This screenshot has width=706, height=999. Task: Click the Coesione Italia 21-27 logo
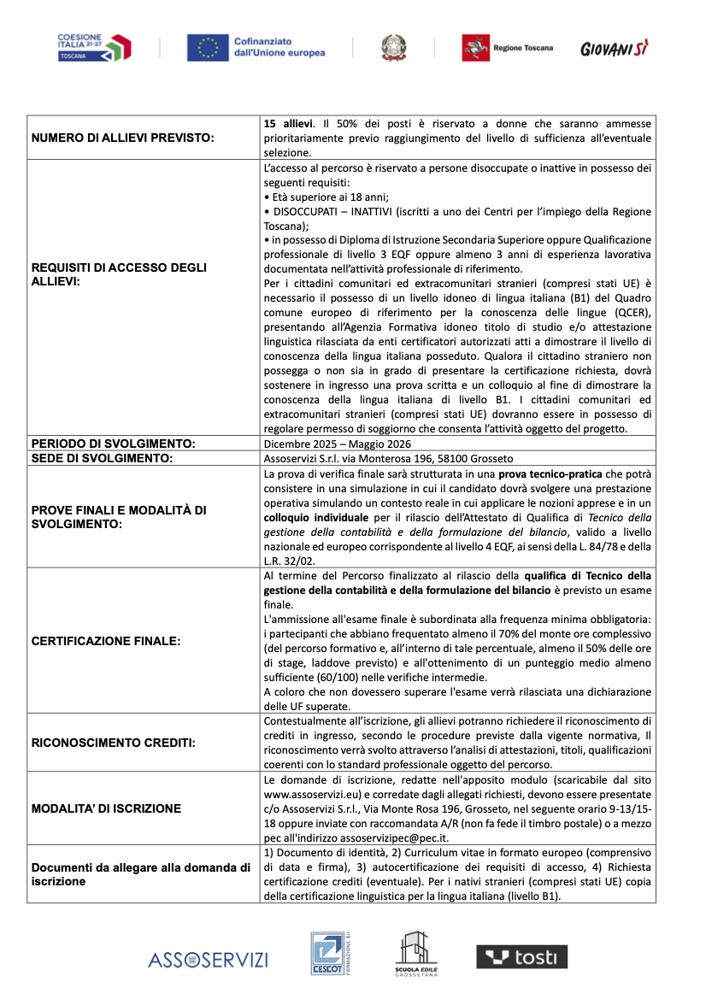(93, 47)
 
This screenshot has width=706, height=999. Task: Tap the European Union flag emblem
(207, 48)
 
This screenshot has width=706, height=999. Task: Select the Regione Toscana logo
(507, 48)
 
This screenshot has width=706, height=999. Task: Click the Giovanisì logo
(614, 49)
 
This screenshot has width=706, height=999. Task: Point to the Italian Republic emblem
(394, 47)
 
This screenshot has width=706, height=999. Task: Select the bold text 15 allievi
(288, 123)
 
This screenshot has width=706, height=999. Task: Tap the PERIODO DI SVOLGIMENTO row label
(114, 444)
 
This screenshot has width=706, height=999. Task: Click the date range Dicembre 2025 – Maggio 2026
(338, 444)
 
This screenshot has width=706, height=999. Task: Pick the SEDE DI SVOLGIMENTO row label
(103, 458)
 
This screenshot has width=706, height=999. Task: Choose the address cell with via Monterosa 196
(379, 459)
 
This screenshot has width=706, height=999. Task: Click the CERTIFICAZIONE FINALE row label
(106, 640)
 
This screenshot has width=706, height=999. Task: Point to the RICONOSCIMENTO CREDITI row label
(113, 743)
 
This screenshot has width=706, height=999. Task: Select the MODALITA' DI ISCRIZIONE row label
(106, 808)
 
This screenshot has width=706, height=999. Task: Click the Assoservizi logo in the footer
(208, 960)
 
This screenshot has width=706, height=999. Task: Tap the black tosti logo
(521, 957)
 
